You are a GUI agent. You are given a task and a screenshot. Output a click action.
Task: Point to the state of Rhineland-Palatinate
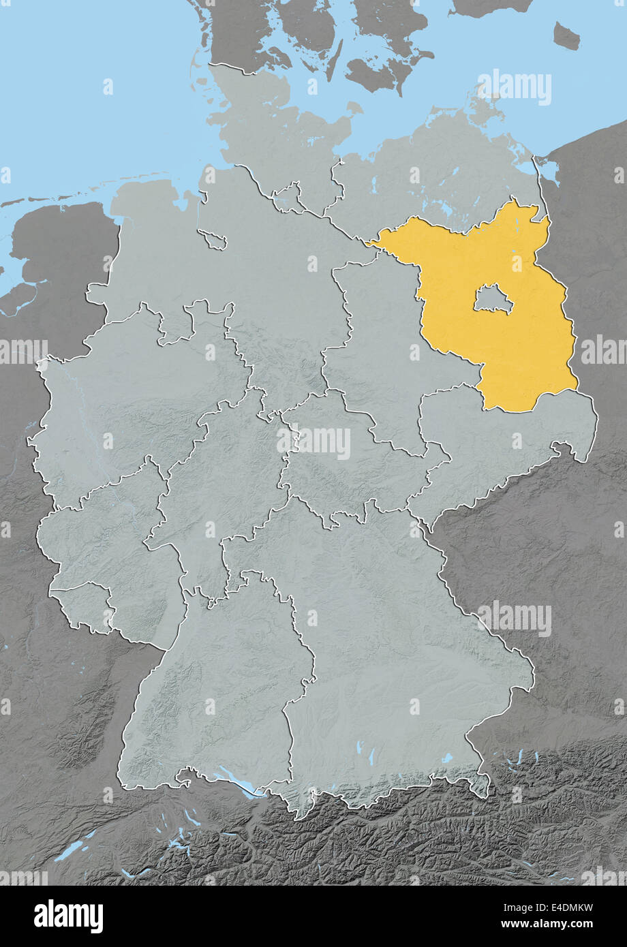(x=102, y=538)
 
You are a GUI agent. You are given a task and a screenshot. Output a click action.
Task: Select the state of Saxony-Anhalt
(x=382, y=341)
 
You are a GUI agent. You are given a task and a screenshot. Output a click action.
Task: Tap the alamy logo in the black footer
(x=68, y=916)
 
